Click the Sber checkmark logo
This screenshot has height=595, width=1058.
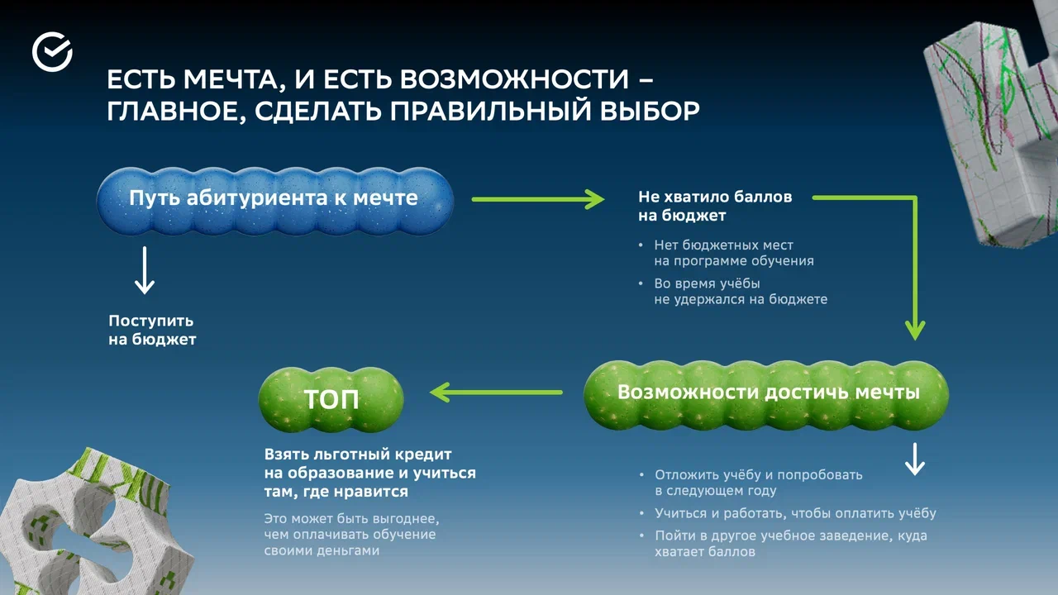[x=52, y=52]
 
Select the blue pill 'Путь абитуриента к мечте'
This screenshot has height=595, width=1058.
[x=274, y=199]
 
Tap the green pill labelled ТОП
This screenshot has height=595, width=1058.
[x=331, y=400]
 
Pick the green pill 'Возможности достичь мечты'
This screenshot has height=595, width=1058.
[x=768, y=393]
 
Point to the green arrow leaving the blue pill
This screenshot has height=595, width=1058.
[x=538, y=199]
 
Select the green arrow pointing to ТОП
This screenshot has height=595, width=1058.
[x=496, y=393]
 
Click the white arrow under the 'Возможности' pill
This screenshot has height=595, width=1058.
[x=914, y=459]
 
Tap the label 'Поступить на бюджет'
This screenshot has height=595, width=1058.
[x=152, y=330]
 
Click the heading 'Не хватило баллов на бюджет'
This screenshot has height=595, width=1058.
[x=715, y=207]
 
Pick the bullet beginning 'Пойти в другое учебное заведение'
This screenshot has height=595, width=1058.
[x=790, y=544]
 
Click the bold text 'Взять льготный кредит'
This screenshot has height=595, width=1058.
[x=358, y=455]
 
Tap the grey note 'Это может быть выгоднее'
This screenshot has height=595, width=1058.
[x=350, y=534]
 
